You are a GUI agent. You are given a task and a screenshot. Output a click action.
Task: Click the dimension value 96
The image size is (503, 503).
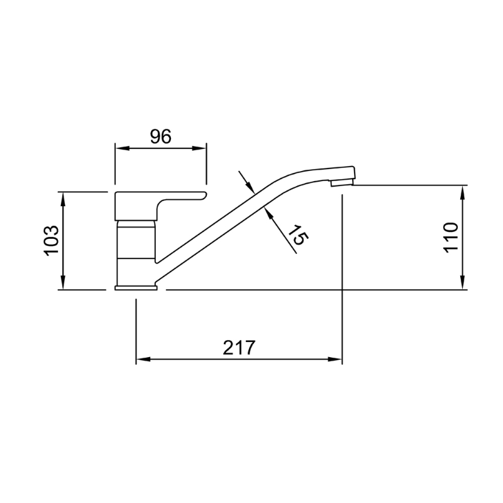point(160,136)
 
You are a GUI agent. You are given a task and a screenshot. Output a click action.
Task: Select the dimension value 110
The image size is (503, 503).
point(451,238)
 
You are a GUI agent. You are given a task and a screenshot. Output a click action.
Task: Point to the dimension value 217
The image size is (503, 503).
point(238,348)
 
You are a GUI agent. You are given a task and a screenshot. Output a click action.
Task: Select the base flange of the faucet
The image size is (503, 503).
point(136,288)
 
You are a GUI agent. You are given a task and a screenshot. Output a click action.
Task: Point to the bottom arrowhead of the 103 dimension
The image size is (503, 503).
point(63,284)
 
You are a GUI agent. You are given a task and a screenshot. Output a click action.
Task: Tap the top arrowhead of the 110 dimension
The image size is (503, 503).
point(463,191)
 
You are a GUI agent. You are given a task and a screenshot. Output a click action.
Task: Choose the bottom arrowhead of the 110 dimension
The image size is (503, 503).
point(463,284)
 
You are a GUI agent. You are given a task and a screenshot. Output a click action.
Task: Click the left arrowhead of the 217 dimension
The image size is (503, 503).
point(142,360)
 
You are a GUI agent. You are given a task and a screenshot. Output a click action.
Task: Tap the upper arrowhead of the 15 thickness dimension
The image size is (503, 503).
point(250,188)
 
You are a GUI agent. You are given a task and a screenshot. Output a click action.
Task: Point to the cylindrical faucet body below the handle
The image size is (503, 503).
point(136,251)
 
